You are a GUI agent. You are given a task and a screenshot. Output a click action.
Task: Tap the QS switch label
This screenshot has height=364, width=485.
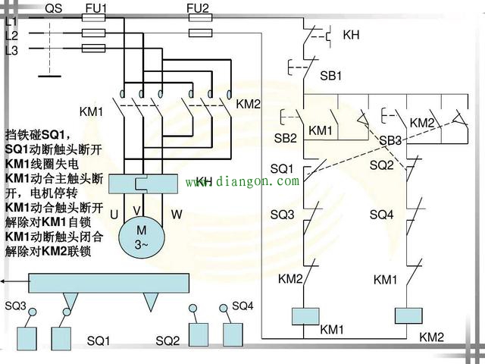pos(54,8)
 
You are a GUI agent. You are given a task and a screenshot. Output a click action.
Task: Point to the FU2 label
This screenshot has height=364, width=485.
pos(199,8)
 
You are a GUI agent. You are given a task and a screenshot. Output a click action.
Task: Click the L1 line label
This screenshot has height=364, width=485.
pos(11,22)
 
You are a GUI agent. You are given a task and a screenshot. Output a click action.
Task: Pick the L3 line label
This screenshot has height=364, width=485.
pos(11,50)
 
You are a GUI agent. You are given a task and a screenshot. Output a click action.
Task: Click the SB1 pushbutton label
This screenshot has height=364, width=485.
pos(331,76)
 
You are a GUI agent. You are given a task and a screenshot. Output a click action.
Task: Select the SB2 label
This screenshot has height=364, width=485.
pos(285,138)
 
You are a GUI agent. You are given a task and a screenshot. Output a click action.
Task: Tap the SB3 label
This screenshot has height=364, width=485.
pos(390,141)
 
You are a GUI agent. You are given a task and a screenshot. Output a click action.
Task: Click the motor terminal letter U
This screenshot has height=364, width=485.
pos(114,215)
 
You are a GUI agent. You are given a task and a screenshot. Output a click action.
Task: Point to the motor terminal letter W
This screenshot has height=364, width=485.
pos(176,215)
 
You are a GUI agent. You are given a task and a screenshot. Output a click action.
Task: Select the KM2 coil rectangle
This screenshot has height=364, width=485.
pos(408,315)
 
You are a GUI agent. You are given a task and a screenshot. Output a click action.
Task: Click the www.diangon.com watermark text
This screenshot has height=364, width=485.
pos(242,181)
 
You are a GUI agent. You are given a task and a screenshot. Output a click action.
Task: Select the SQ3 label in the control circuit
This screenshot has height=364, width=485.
pos(282,215)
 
